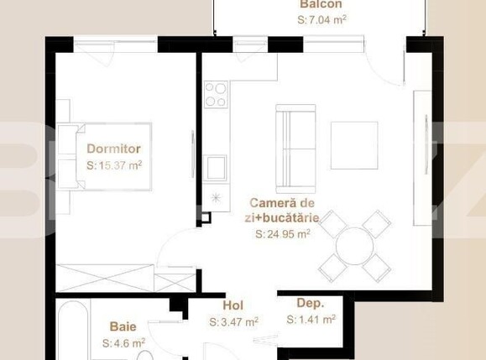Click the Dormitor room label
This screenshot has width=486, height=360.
pos(114,149)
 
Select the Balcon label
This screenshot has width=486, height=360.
pos(321,4)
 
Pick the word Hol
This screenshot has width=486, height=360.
pos(233,305)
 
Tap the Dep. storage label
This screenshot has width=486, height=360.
pos(311,303)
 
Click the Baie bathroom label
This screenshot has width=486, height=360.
pos(123,326)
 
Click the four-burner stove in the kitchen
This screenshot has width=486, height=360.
pos(217,95)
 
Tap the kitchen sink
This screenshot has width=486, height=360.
pos(216,168)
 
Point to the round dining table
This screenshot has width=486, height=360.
pos(354,246)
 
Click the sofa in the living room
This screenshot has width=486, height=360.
pos(295,149)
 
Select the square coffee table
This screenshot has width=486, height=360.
pos(354,146)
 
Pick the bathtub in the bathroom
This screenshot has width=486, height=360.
pos(73,331)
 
